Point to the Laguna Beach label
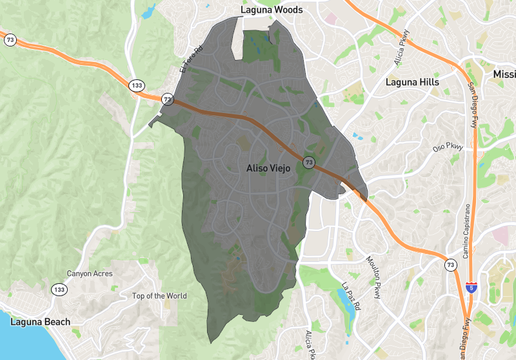point(35,322)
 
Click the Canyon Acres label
point(92,273)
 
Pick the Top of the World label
point(159,296)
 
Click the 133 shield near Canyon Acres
point(61,288)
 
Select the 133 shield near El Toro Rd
point(135,87)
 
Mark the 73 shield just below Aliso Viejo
point(309,161)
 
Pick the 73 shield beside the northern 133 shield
point(168,100)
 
